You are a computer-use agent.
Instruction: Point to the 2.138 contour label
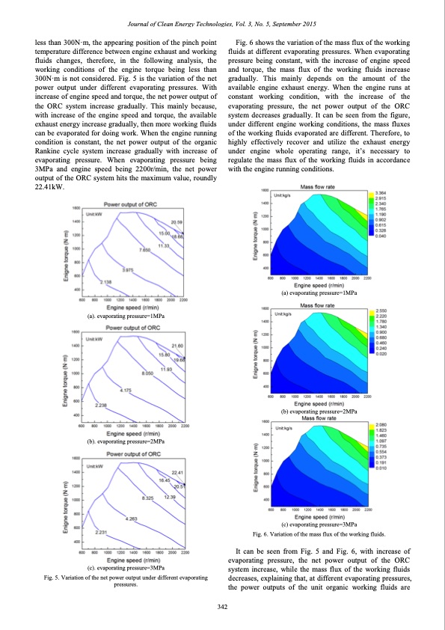(x=105, y=282)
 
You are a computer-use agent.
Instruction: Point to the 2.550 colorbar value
(x=380, y=310)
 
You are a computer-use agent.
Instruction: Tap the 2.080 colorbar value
(x=380, y=425)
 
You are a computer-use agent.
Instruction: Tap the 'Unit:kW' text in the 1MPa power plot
(x=95, y=213)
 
